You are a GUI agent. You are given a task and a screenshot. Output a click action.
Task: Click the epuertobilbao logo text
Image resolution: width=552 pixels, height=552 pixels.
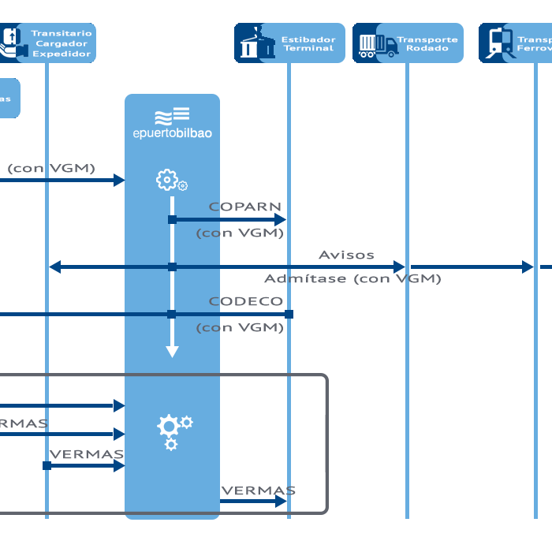(x=172, y=133)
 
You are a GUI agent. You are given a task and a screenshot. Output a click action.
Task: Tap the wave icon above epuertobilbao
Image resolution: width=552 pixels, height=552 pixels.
(x=172, y=115)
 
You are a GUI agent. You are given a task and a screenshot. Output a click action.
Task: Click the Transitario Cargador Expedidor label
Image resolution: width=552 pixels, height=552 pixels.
(x=62, y=43)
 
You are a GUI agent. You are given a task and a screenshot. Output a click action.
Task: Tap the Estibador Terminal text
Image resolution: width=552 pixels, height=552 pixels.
(x=309, y=43)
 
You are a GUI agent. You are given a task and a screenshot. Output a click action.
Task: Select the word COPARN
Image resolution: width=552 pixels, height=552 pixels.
(x=244, y=207)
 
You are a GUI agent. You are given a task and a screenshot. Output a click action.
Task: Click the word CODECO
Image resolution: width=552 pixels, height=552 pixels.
(x=245, y=301)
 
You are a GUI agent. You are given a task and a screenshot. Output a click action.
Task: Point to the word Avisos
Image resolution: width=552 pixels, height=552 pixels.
(x=346, y=255)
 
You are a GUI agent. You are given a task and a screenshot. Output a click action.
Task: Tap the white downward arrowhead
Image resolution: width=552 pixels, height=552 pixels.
(x=172, y=351)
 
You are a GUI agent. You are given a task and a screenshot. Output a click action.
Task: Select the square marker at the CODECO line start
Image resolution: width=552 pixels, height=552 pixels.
(x=289, y=314)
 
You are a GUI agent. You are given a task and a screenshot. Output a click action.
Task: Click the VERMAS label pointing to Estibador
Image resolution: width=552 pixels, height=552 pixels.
(x=258, y=490)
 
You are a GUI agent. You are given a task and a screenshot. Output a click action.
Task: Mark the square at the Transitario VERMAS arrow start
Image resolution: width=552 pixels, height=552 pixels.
(x=47, y=466)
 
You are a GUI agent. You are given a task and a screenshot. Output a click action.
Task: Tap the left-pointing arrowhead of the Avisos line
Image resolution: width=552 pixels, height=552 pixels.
(x=55, y=267)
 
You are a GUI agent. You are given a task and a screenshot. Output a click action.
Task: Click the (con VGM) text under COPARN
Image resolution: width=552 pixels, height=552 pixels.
(x=240, y=233)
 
